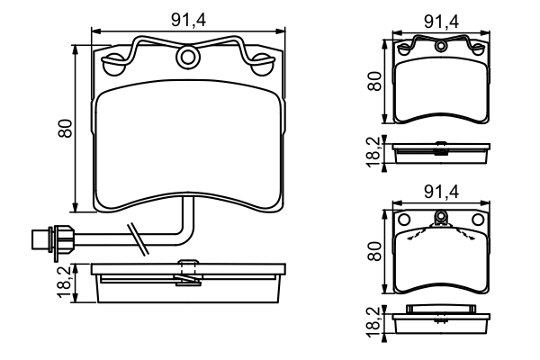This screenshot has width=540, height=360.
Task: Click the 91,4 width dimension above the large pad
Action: [188, 16]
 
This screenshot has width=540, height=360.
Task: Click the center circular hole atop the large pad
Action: [188, 58]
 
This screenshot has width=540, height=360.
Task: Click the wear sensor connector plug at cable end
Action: [41, 239]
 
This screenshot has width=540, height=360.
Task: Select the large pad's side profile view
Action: [188, 282]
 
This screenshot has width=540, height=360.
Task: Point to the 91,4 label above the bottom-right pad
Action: [440, 190]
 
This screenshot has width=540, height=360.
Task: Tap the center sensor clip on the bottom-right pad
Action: [440, 218]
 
